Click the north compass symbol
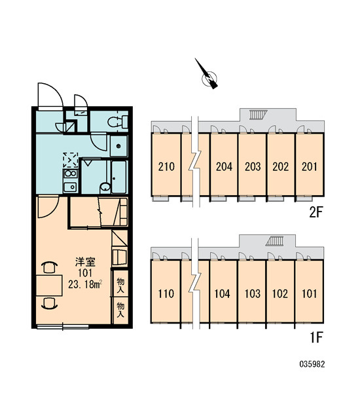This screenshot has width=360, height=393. coord(207,75)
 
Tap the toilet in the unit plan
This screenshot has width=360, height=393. coord(118,122)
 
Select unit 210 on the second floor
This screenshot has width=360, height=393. coord(166,164)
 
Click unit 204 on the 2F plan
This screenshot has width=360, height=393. coord(224,164)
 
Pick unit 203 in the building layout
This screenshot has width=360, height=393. coord(252,164)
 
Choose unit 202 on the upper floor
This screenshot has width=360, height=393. coord(281,164)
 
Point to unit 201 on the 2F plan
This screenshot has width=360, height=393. coord(310,164)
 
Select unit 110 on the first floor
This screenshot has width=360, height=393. coord(166,291)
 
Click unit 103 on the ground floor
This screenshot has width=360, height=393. coord(252,291)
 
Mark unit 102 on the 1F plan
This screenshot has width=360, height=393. coord(280,291)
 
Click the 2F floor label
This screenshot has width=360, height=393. coord(315,213)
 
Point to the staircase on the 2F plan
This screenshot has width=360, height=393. coord(257,114)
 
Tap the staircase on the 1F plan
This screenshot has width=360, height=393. coord(274,241)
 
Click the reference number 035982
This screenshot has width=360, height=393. coord(312,364)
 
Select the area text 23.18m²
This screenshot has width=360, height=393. coord(85,284)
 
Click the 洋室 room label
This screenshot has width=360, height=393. coord(85,262)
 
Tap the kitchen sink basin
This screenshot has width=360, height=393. coord(70,187)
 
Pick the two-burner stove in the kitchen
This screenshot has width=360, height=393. coord(71,174)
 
